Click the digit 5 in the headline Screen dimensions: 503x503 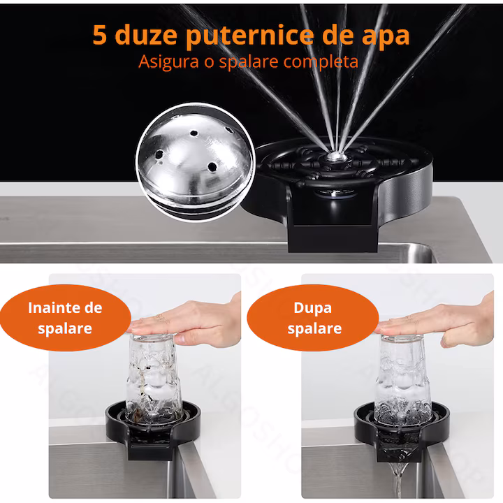point(100,35)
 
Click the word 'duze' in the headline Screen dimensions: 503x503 point(146,34)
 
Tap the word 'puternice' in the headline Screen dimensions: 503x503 point(249,36)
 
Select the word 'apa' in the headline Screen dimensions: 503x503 point(385,38)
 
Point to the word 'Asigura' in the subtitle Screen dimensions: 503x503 point(169,62)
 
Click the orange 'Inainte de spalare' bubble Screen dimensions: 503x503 point(66,318)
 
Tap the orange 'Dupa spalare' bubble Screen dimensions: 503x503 point(313,318)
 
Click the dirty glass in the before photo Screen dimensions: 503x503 point(153,379)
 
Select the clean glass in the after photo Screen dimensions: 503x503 point(402,379)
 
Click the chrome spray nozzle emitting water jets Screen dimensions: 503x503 point(336,156)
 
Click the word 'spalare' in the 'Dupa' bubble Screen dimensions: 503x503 point(314,329)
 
